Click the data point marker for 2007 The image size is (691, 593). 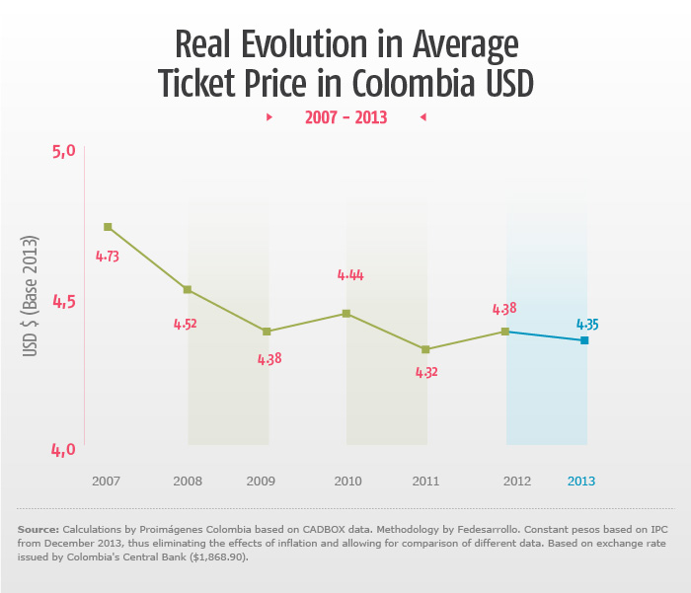108,227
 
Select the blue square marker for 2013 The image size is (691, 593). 584,340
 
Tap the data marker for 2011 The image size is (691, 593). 425,349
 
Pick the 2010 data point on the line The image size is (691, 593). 345,314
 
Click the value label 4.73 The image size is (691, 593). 108,256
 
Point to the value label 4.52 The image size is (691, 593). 186,323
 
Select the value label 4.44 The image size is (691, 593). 350,275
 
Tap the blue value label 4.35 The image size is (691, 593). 586,324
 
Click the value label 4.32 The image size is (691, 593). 425,372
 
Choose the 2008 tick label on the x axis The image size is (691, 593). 188,482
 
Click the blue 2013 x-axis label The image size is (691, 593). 581,482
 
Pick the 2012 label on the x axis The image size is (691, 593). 517,482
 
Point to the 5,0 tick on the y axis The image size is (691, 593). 64,151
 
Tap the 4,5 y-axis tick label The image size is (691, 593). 64,301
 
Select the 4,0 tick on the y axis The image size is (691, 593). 64,450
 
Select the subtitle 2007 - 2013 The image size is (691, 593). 345,117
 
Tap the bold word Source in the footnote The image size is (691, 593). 38,530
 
